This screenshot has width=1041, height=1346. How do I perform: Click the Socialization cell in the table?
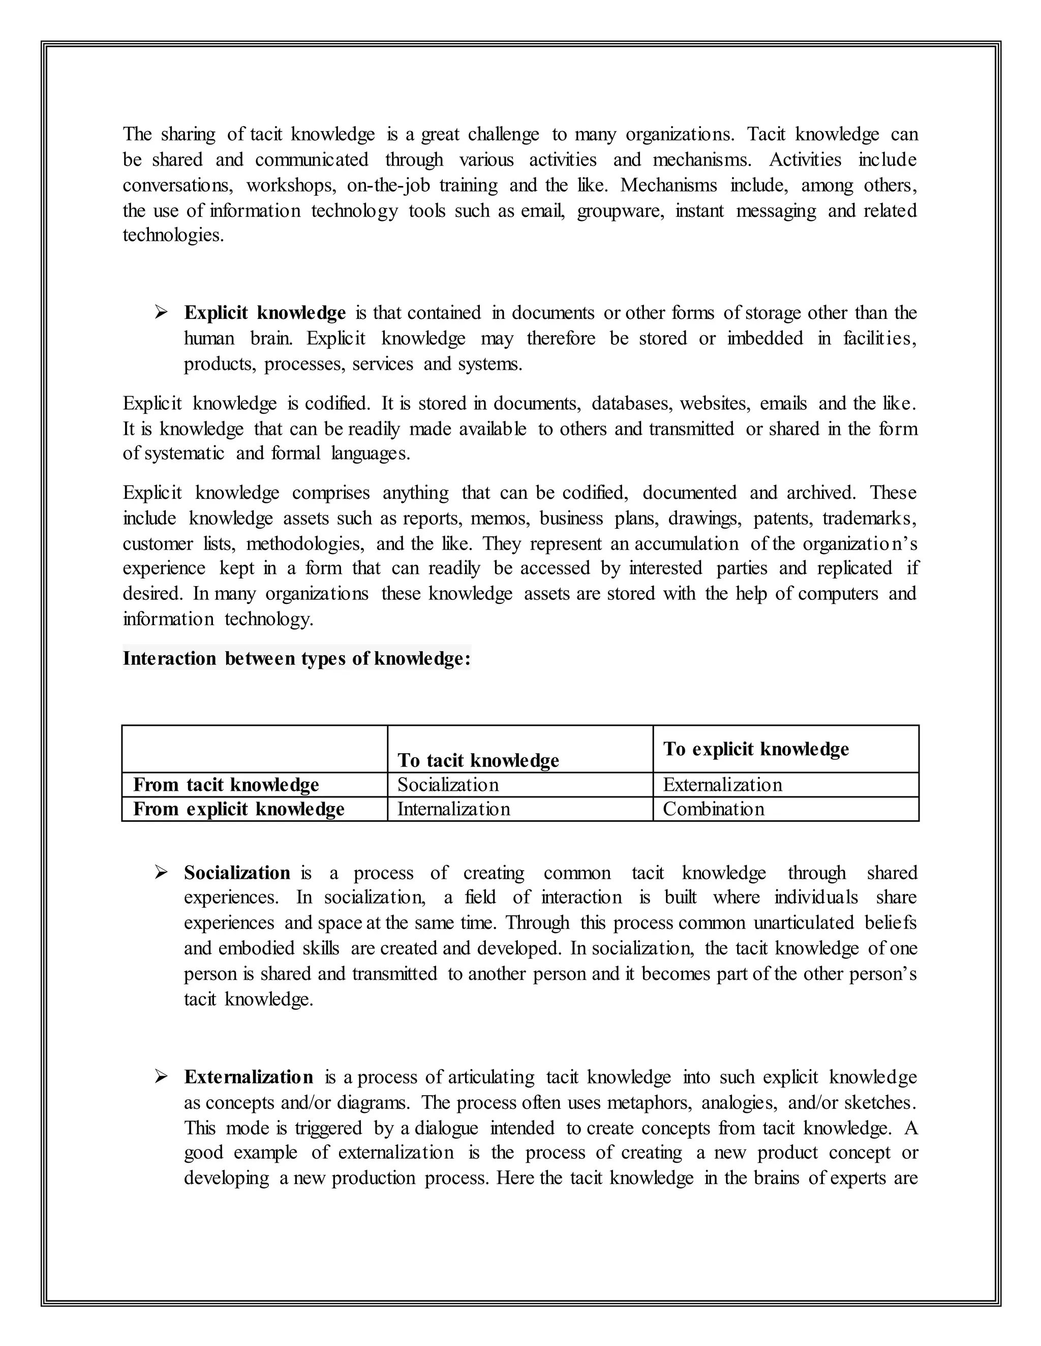click(448, 785)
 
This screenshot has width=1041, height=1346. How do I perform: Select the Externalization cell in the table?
click(722, 785)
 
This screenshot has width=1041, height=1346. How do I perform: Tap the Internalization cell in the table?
click(453, 809)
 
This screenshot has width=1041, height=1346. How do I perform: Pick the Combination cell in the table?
click(714, 809)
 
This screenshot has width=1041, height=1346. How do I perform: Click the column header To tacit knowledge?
click(478, 760)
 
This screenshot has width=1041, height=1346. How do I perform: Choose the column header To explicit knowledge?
click(756, 749)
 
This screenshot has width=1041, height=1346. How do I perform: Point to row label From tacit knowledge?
click(226, 785)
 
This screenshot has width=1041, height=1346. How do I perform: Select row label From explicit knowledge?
click(239, 809)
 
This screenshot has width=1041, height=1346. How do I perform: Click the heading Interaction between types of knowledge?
click(297, 658)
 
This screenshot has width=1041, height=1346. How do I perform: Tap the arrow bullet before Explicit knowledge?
click(161, 312)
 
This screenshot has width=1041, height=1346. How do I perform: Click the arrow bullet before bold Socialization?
click(161, 872)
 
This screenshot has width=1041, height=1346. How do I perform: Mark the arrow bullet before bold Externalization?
click(161, 1077)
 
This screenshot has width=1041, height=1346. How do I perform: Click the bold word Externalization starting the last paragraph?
click(249, 1077)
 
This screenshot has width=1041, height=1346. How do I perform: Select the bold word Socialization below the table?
click(237, 873)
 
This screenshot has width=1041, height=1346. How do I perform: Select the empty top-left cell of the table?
click(255, 749)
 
